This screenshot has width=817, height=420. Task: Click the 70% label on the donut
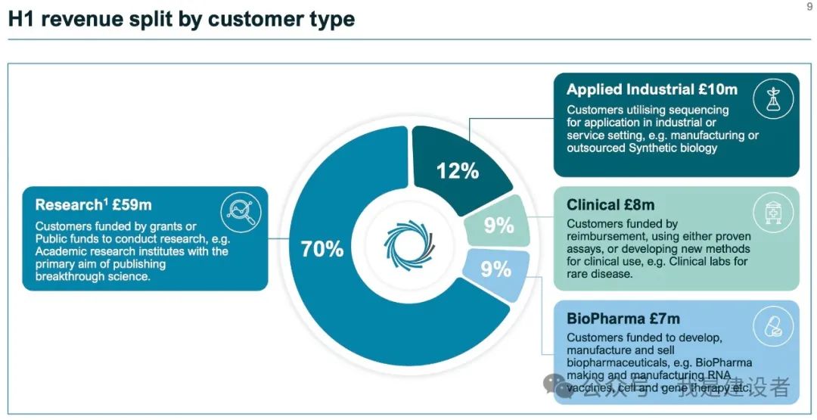[x=322, y=249]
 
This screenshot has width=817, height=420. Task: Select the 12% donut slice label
[x=458, y=171]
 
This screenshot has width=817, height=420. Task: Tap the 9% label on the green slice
[x=499, y=225]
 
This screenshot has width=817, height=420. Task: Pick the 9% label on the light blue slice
[x=495, y=269]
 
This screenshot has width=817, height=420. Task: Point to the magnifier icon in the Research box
[x=241, y=212]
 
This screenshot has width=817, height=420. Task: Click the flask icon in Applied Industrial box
[x=773, y=99]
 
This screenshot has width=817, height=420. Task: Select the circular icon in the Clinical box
[x=773, y=212]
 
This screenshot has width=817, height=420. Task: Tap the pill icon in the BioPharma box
[x=773, y=326]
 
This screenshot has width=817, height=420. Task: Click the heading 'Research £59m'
[x=93, y=205]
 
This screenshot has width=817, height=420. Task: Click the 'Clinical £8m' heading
[x=610, y=205]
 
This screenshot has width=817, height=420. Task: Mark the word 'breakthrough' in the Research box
[x=72, y=276]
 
